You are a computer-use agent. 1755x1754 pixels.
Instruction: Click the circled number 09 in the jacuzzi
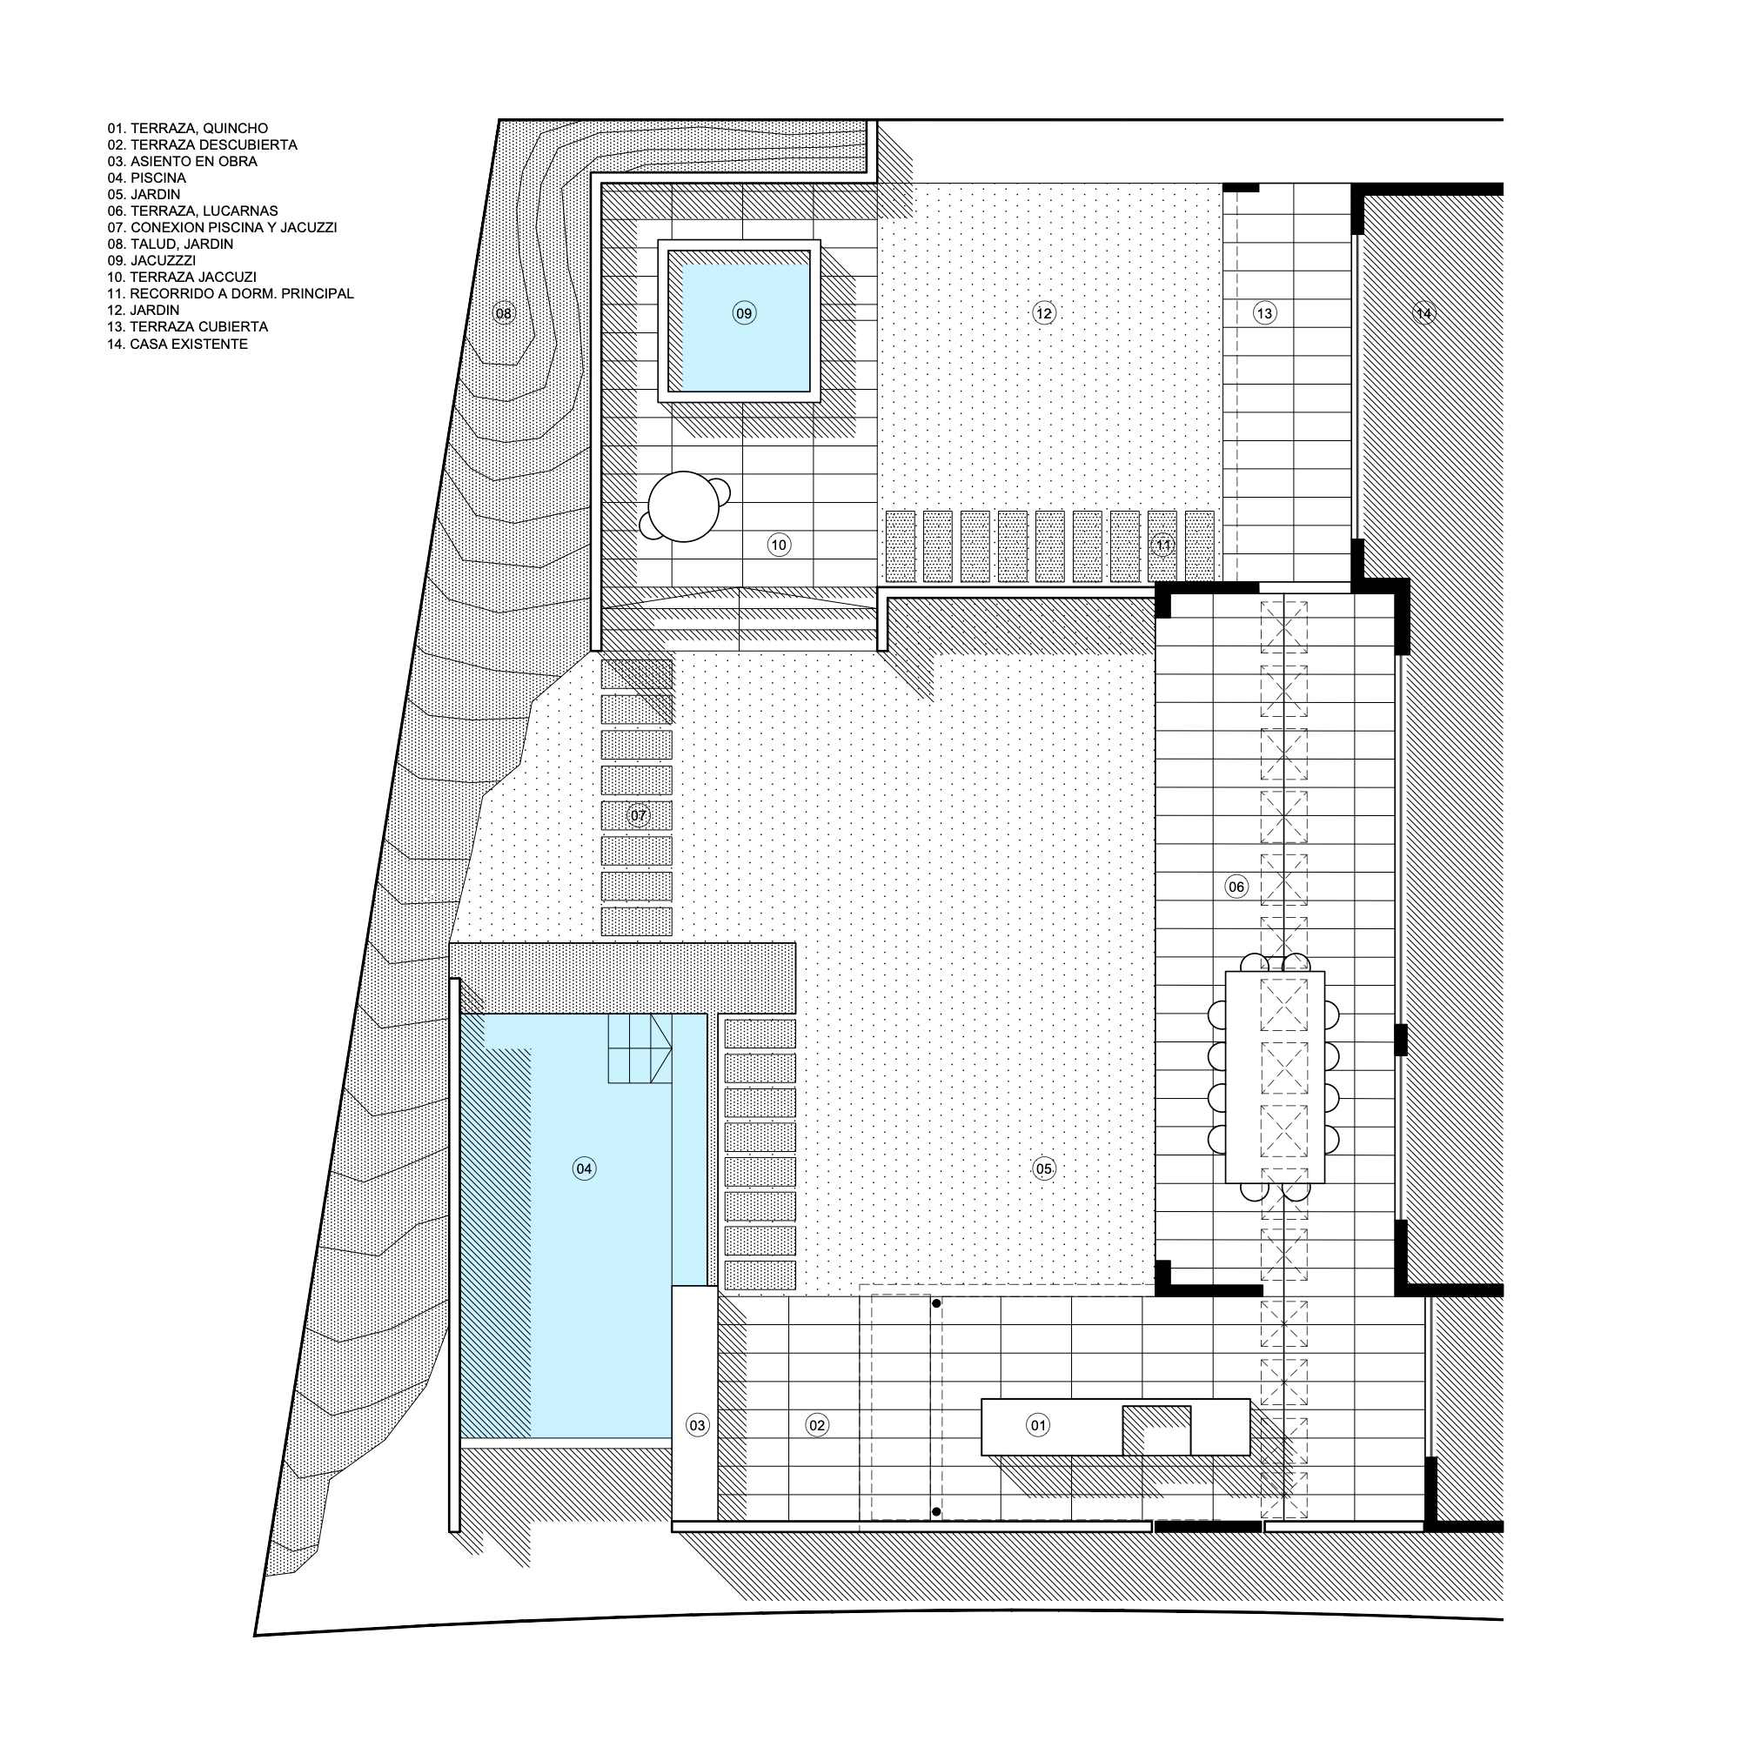click(744, 313)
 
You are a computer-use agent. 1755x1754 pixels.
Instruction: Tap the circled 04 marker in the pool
click(584, 1168)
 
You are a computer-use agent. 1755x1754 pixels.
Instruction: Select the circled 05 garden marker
click(1044, 1168)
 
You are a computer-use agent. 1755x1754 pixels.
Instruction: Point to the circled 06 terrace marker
click(1236, 887)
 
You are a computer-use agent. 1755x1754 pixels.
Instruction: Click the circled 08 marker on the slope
click(503, 313)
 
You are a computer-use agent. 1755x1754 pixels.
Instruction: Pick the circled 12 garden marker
click(1044, 313)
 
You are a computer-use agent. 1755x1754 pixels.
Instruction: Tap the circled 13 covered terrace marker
click(1264, 313)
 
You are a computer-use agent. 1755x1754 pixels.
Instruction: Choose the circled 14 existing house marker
click(1423, 313)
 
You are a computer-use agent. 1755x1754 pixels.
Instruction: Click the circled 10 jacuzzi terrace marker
click(779, 545)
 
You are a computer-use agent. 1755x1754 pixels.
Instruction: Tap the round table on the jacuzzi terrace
click(683, 507)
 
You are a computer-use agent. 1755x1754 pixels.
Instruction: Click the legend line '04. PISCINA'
click(146, 178)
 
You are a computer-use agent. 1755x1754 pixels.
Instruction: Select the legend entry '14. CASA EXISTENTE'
click(178, 345)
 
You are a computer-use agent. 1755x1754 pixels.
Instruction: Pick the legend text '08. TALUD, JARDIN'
click(171, 244)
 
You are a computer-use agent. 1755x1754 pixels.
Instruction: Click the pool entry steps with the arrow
click(640, 1048)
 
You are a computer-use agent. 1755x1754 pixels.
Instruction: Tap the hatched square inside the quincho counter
click(1156, 1430)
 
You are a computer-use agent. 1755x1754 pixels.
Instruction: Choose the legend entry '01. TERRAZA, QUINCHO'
click(188, 129)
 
